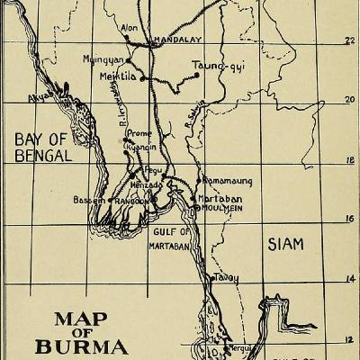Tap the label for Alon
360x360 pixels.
129,28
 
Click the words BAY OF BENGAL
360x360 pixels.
40,147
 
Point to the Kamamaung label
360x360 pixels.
228,181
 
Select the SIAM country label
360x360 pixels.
286,243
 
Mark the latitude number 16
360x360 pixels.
351,219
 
